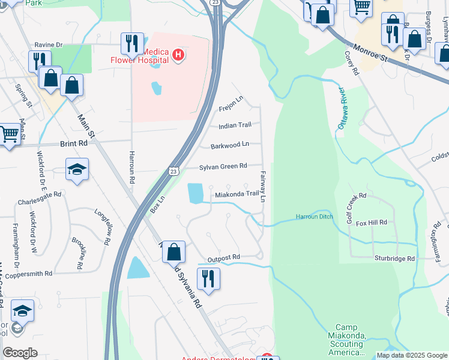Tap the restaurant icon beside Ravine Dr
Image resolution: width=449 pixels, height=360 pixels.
(x=132, y=43)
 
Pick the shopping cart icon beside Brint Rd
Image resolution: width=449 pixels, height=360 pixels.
(x=8, y=134)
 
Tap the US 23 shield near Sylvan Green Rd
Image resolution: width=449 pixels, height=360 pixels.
(x=173, y=171)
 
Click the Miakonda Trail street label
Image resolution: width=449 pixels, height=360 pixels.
(x=237, y=194)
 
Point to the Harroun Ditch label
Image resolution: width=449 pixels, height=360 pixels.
(x=313, y=217)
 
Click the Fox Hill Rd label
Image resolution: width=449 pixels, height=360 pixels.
(x=371, y=222)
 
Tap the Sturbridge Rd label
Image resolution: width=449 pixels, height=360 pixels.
(x=394, y=259)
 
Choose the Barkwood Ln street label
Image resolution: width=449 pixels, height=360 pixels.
(x=229, y=145)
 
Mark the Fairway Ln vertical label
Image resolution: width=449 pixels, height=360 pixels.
(x=263, y=186)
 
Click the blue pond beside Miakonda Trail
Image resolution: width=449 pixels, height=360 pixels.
(x=195, y=193)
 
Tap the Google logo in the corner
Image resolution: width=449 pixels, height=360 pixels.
(x=20, y=353)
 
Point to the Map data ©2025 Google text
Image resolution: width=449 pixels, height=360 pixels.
(x=411, y=355)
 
